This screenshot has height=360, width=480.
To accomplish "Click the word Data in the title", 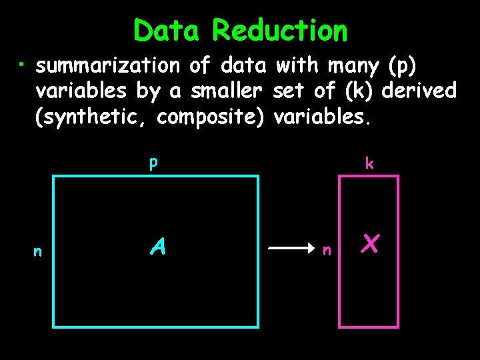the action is coord(168,31).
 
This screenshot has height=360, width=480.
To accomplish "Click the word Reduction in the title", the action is coord(279,31).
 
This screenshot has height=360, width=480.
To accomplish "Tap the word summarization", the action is coord(108,66).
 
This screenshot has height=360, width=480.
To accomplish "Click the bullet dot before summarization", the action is coord(23,65).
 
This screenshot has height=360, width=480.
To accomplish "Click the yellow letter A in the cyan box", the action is coord(157,247).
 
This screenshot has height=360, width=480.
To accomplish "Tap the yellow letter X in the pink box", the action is coord(371,245).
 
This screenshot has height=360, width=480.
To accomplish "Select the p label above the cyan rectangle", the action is coord(153,163).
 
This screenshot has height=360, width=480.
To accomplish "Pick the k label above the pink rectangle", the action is coord(368,163).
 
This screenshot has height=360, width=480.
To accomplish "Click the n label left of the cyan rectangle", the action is coord(38,251).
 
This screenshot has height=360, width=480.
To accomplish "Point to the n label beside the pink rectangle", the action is coord(327,251).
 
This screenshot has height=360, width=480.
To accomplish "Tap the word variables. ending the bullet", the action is coord(321,117).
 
